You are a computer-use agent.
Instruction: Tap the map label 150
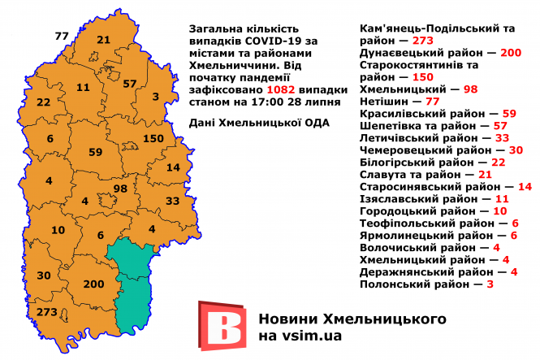pyautogui.click(x=153, y=138)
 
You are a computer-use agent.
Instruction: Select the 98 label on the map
pyautogui.click(x=120, y=189)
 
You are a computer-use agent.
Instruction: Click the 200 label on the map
pyautogui.click(x=94, y=284)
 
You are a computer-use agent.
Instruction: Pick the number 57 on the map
pyautogui.click(x=130, y=84)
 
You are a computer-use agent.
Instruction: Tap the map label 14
pyautogui.click(x=173, y=167)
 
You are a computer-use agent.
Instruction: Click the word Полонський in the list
pyautogui.click(x=395, y=284)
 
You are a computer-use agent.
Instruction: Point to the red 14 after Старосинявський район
pyautogui.click(x=525, y=187)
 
